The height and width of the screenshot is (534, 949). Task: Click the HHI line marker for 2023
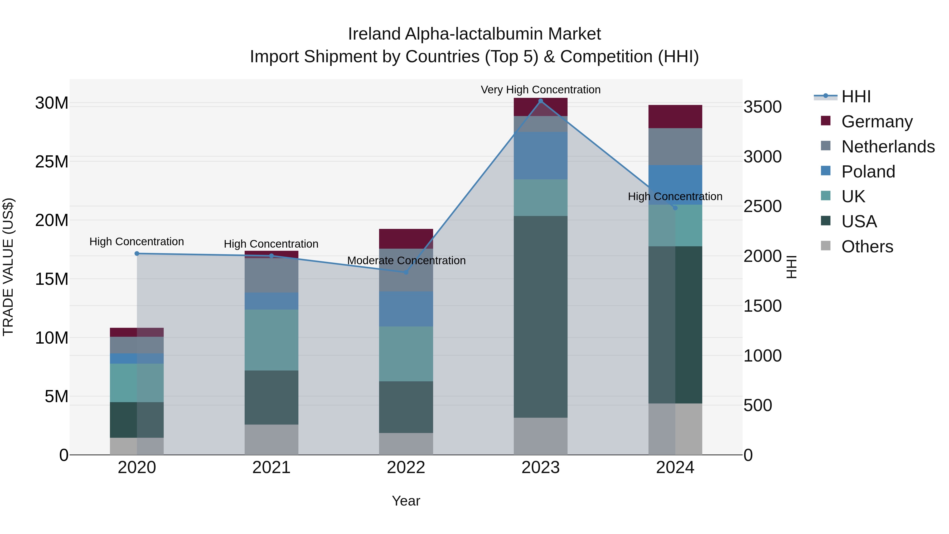point(540,101)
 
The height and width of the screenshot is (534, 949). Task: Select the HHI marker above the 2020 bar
point(137,253)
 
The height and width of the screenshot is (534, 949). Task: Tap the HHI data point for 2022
point(406,272)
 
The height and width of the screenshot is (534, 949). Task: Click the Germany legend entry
point(877,122)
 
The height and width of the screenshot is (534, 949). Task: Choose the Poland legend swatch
point(826,171)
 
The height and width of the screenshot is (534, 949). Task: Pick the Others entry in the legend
point(867,247)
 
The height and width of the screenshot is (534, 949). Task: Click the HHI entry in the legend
point(856,97)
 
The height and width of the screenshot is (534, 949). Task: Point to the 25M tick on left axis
point(52,162)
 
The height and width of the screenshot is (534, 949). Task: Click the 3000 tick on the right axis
point(762,157)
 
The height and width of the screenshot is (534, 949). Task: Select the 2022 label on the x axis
point(406,468)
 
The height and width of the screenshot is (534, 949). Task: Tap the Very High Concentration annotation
point(540,90)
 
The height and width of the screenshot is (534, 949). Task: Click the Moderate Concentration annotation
point(406,261)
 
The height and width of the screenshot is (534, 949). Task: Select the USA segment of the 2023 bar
point(540,317)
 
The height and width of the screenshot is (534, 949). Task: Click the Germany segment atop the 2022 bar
point(406,239)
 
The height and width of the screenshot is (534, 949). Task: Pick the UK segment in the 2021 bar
point(271,340)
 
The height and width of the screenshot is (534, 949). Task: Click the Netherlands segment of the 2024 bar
point(675,147)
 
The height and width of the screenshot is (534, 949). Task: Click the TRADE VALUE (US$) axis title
point(8,267)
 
